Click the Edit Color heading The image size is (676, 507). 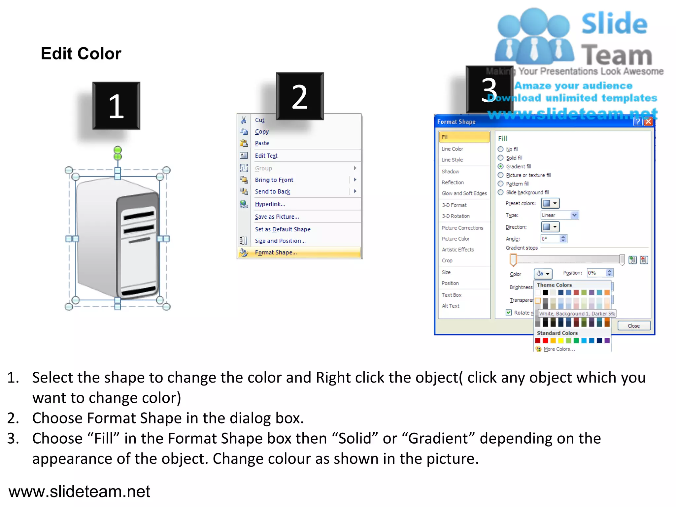coord(81,53)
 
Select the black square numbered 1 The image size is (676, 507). coord(116,106)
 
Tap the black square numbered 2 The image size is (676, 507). coord(300,96)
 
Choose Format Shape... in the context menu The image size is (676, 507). coord(276,253)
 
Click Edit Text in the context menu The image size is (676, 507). coord(266,156)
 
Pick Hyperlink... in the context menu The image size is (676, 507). coord(270,204)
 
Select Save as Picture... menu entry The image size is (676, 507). coord(277,217)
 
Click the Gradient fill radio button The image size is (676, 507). coord(501,166)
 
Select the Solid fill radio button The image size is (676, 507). coord(501,158)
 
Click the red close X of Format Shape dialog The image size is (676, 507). coord(648,121)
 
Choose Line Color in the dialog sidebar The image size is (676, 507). coord(452,149)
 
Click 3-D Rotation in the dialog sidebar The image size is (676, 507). coord(456,216)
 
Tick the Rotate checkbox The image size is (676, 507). coord(509,312)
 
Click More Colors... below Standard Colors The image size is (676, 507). coord(559,349)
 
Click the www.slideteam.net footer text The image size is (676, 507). coord(79,491)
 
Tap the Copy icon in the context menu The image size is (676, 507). coord(244,131)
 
